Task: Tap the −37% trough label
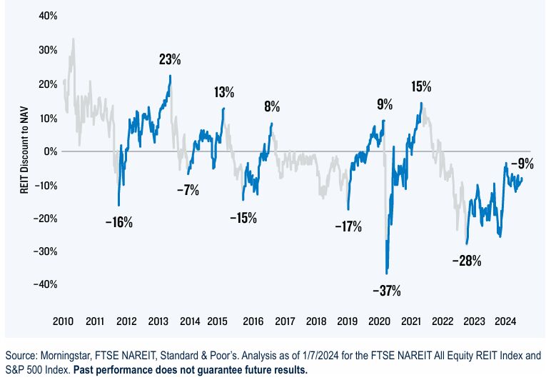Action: coord(387,291)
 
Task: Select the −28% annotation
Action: coord(467,261)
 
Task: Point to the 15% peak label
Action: coord(421,87)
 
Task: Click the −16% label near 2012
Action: coord(118,222)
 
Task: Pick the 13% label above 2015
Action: coord(223,92)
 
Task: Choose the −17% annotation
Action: coord(348,227)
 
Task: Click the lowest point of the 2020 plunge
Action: coord(387,274)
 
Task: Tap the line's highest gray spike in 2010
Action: coord(73,39)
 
